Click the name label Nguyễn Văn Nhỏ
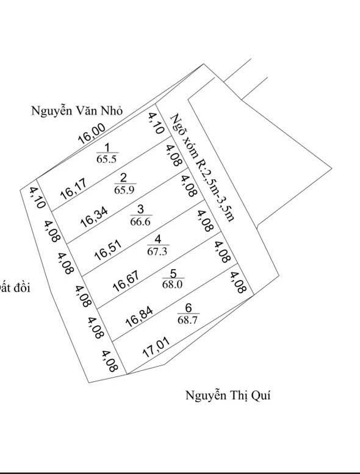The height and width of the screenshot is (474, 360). point(77,110)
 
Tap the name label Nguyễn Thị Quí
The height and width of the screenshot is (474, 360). point(228,395)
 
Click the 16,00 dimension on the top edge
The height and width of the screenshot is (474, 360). point(92,134)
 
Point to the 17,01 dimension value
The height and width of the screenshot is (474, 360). point(156,347)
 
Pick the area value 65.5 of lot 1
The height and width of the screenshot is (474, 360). point(106,159)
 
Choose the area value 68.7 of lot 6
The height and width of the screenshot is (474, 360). point(187,320)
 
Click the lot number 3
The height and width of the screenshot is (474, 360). point(140,209)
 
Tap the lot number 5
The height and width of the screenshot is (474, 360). point(173,273)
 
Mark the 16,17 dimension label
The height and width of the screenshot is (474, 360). point(73,189)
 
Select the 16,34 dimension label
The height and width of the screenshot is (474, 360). point(94,217)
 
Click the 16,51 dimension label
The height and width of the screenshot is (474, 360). point(108,250)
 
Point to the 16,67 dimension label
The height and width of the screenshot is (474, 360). point(126,281)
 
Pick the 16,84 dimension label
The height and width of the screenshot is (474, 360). point(139,317)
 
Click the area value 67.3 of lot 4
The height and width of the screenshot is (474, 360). point(157,251)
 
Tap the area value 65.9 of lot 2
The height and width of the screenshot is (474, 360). point(124,190)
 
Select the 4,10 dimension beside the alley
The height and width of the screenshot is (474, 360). point(156,123)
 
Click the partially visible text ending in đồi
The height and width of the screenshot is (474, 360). point(15,287)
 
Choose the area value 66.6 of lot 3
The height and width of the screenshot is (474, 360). point(140,221)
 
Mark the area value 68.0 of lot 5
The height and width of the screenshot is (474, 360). point(172,284)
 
